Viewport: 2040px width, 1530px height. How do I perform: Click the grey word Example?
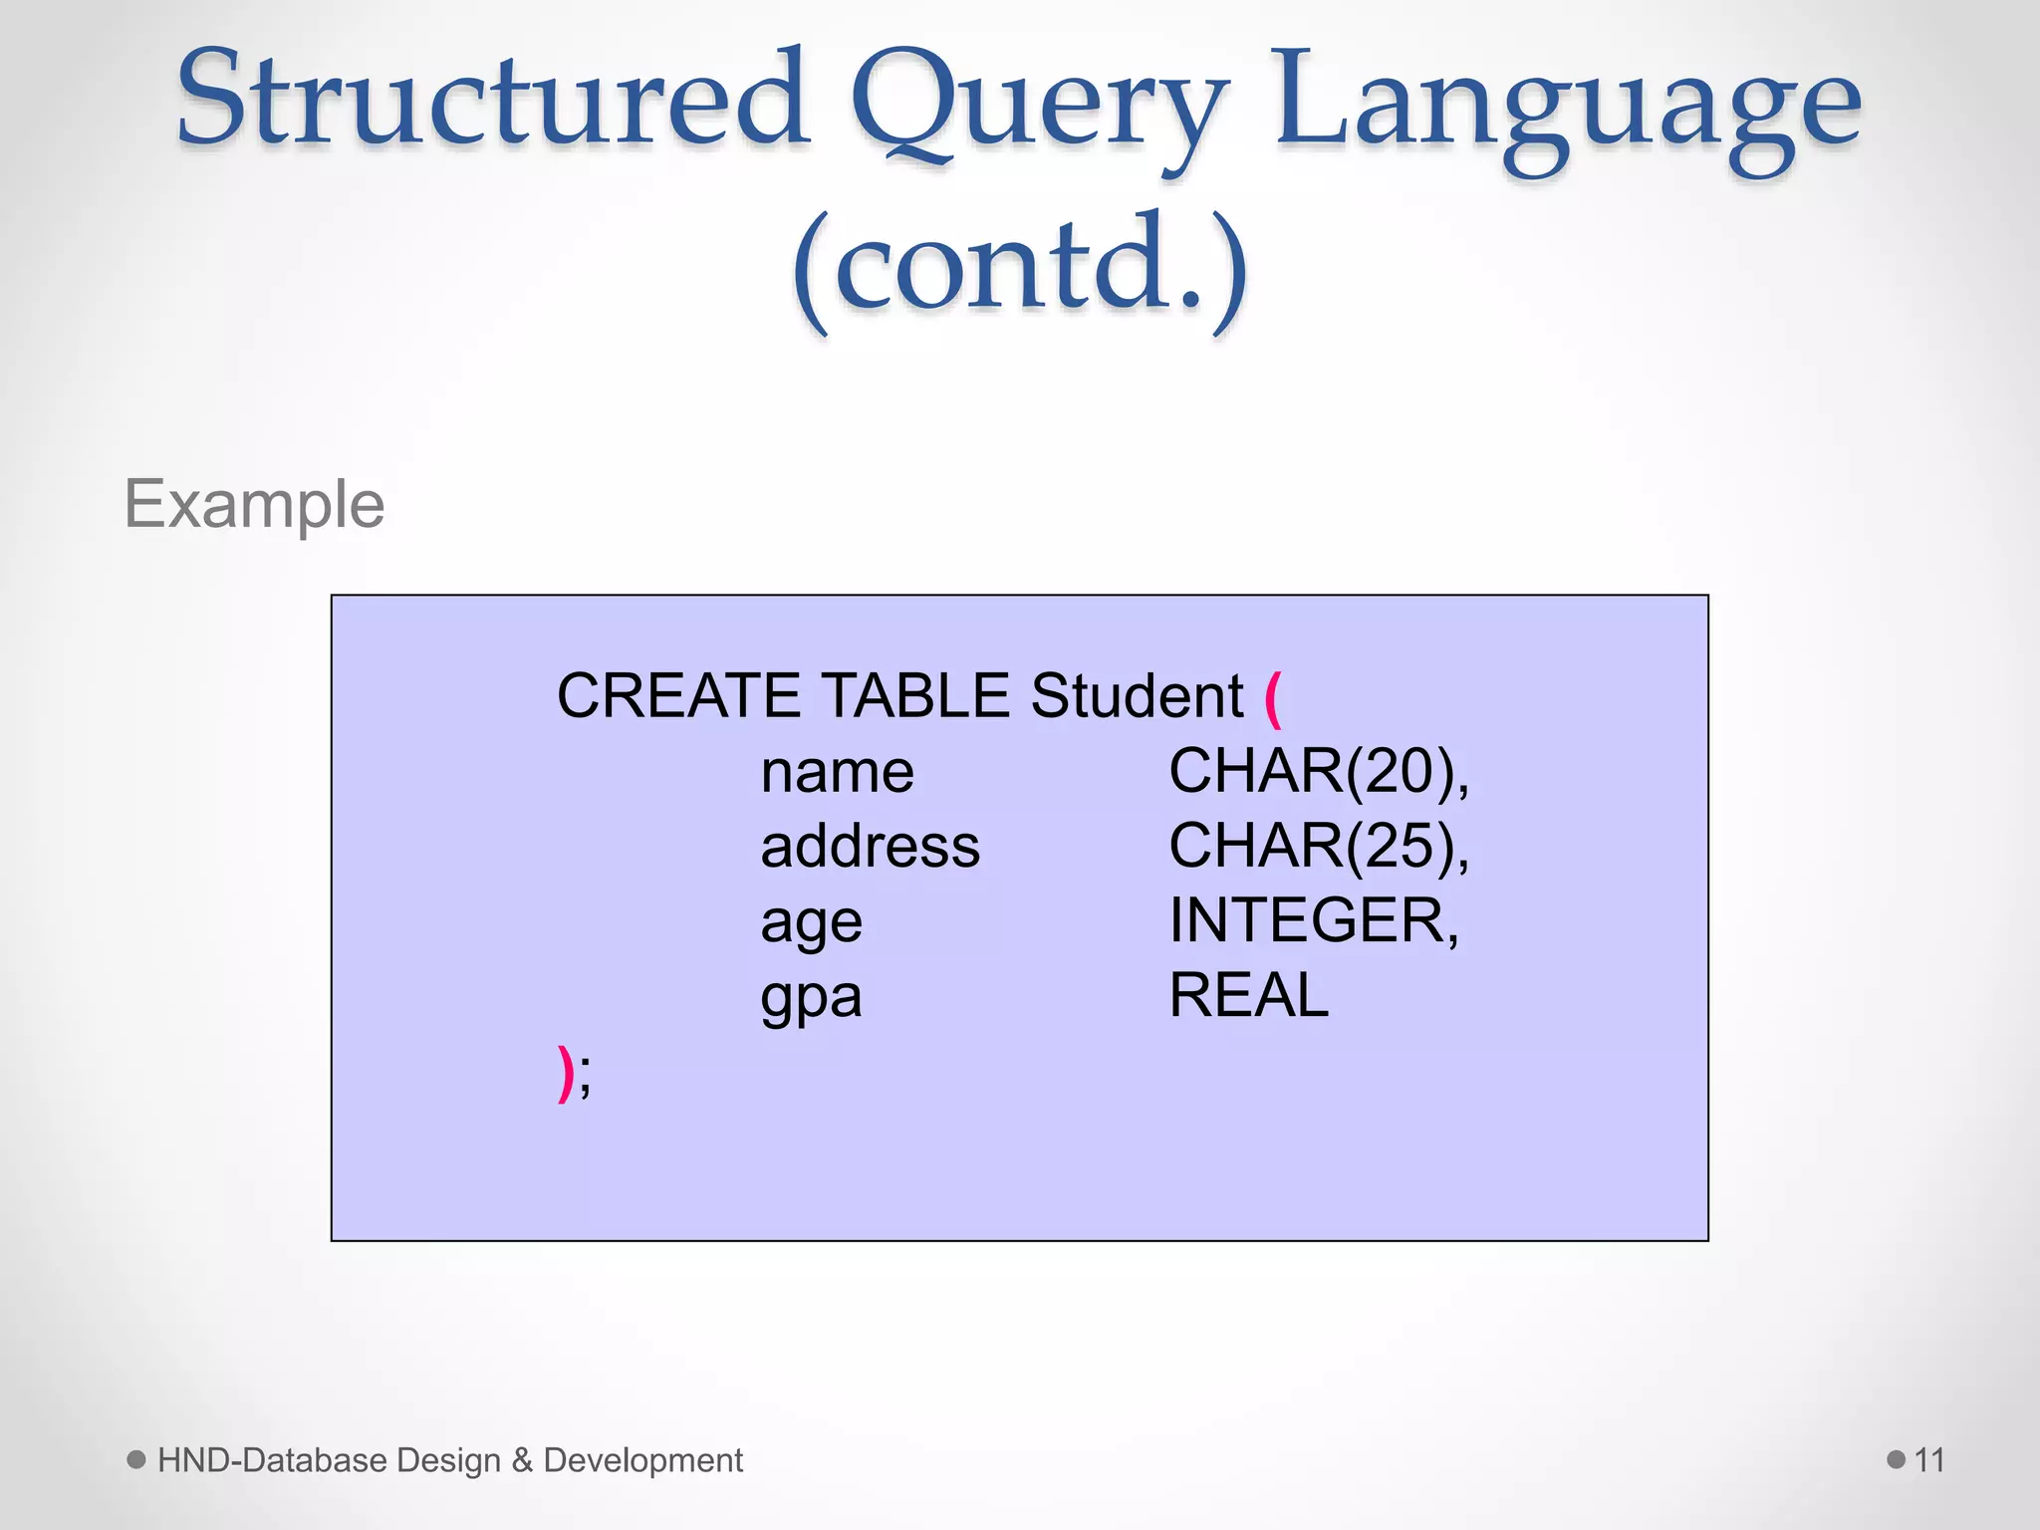254,504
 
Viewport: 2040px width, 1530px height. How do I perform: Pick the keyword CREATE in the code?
678,695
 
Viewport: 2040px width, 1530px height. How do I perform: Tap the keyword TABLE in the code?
915,695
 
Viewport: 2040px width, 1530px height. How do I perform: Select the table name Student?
1137,695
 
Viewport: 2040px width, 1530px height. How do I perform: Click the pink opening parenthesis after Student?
1272,699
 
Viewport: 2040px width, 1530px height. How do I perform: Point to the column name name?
837,772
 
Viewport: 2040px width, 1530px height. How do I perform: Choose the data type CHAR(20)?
1317,771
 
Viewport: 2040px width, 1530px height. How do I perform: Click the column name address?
870,846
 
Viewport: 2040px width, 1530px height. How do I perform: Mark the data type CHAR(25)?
1317,846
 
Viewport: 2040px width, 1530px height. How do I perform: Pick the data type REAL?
1248,995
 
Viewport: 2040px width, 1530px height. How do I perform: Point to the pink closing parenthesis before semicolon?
565,1073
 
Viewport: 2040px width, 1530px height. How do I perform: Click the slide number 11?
1929,1460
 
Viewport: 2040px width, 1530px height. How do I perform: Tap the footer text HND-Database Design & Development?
449,1460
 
